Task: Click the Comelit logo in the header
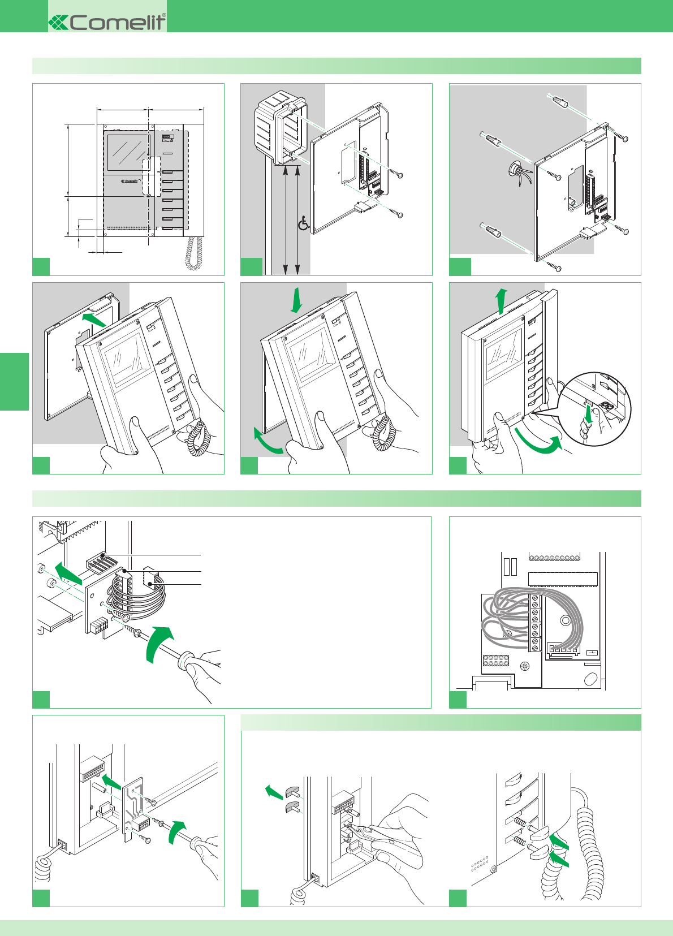tap(107, 22)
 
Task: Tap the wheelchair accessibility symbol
tap(304, 223)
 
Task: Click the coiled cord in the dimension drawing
tap(194, 253)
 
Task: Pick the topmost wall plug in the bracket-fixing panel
tap(558, 102)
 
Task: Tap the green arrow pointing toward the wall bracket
tap(93, 320)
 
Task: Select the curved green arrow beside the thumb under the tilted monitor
tap(268, 442)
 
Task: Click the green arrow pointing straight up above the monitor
tap(501, 300)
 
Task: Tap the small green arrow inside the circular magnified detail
tap(589, 415)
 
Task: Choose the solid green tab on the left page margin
tap(14, 381)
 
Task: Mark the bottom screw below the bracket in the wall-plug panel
tap(555, 266)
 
